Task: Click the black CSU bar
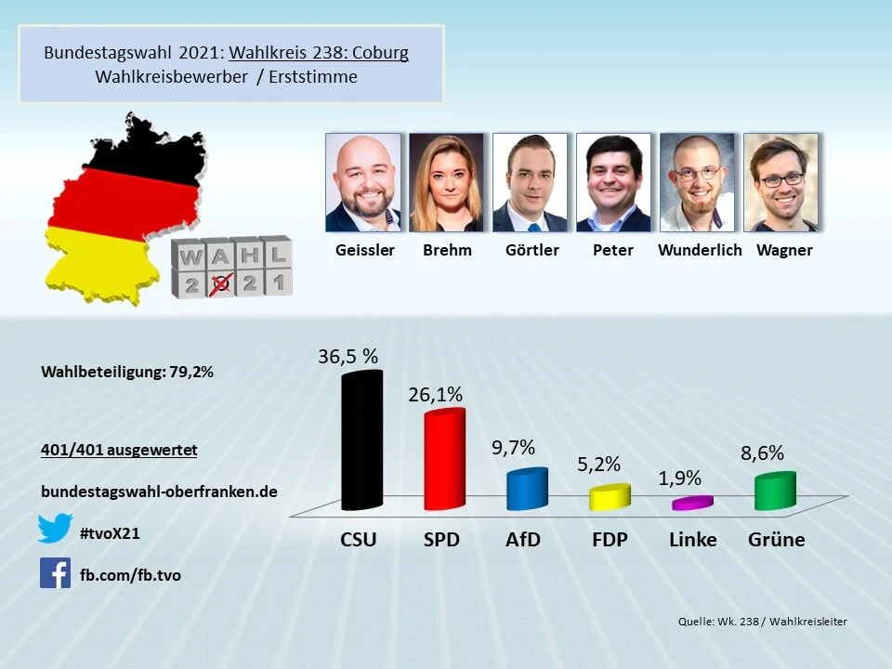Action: point(361,441)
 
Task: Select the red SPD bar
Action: point(443,460)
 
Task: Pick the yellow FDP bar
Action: point(609,498)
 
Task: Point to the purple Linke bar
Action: point(691,503)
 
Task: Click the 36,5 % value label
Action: point(348,357)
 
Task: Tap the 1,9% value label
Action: point(680,479)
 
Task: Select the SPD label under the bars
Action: point(441,540)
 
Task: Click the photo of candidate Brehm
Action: point(447,182)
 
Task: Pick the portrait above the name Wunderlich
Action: point(697,182)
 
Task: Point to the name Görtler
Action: point(531,250)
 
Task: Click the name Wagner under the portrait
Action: point(784,250)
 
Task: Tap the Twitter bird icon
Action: point(55,528)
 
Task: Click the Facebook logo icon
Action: point(55,573)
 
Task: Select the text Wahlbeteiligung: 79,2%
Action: point(128,372)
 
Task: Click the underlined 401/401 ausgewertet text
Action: point(119,451)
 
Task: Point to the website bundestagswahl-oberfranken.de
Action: point(160,492)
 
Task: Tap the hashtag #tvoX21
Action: point(111,533)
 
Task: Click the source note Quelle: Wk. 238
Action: point(762,622)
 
